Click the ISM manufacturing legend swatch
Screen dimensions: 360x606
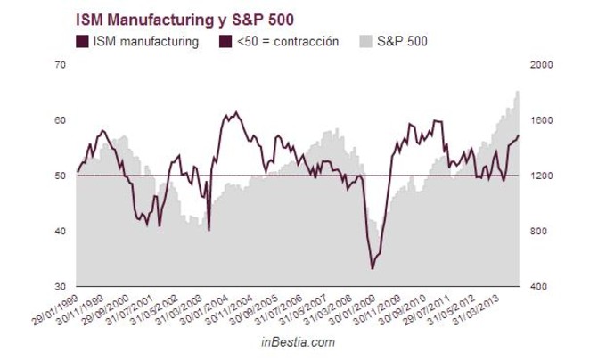(x=84, y=41)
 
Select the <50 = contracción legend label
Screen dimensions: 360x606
(x=290, y=41)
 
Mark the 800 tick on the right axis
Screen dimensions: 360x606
(x=540, y=231)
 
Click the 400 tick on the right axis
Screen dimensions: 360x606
(x=540, y=287)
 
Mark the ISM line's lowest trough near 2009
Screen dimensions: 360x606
(x=373, y=267)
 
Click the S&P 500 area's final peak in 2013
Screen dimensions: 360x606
(x=518, y=92)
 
